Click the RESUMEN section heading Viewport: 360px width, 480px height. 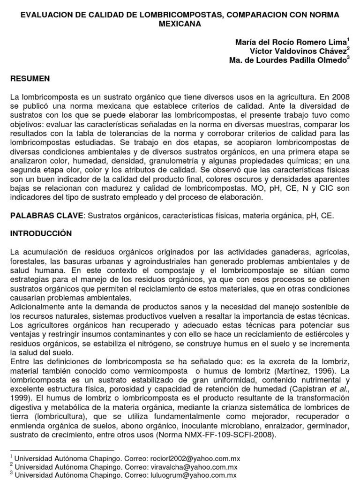[30, 79]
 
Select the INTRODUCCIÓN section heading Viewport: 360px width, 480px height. [41, 233]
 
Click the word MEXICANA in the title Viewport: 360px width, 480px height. [180, 24]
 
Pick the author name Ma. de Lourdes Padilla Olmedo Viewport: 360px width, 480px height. [288, 60]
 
